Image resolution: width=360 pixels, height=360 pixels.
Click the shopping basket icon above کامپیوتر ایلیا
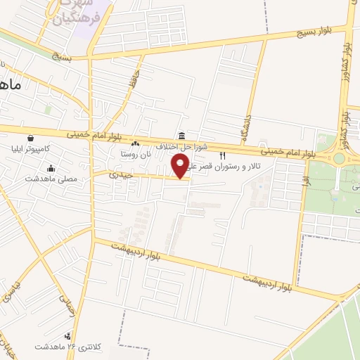[30, 138]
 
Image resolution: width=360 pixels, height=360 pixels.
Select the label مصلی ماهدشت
[60, 179]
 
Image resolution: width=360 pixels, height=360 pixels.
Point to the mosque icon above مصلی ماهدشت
[51, 168]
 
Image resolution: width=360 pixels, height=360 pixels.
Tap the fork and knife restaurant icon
[223, 155]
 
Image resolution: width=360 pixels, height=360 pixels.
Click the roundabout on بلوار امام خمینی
[339, 159]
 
